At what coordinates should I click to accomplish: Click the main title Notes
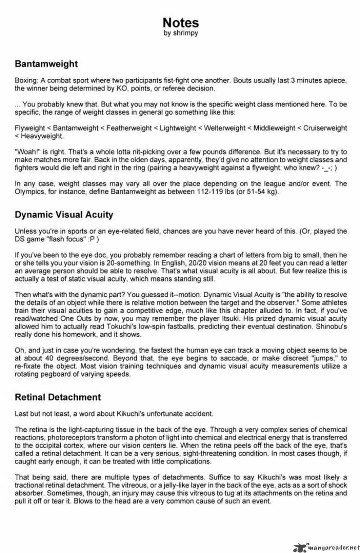(x=180, y=23)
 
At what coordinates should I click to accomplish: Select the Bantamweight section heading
(x=46, y=64)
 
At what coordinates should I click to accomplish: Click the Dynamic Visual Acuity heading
(x=64, y=215)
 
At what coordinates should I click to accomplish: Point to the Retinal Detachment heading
(x=58, y=397)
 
